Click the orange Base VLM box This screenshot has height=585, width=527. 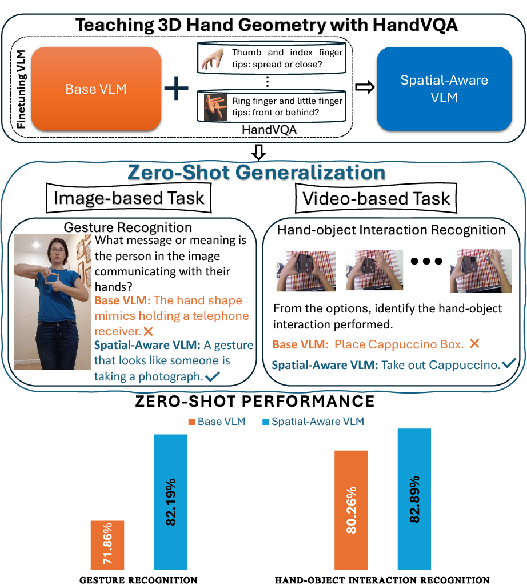pos(95,89)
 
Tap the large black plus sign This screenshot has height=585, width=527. pos(176,89)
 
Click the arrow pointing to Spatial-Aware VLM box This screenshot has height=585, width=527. pos(365,87)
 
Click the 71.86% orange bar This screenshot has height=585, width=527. pos(107,544)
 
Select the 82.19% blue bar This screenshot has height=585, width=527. pos(170,502)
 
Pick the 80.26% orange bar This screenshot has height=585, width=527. pos(351,510)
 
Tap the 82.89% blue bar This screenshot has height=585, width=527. pos(414,499)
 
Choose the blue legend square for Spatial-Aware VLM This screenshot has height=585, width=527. pos(265,422)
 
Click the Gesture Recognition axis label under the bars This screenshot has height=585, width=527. pos(138,580)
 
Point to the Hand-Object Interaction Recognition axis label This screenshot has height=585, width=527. pos(382,580)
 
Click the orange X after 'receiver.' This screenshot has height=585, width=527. pos(149,331)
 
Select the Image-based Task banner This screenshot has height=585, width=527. pos(128,198)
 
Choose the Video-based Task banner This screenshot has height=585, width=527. pos(376,198)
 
